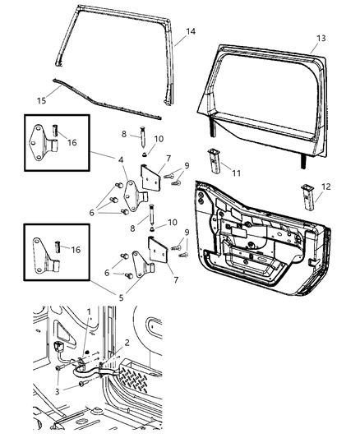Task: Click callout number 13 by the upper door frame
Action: tap(321, 38)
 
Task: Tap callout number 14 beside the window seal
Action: tap(190, 31)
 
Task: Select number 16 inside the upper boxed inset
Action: tap(72, 142)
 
